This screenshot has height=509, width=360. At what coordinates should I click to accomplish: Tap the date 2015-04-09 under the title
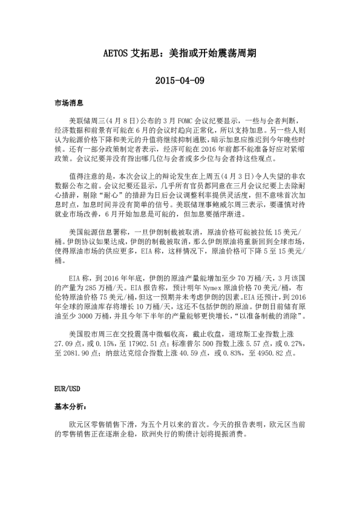pyautogui.click(x=180, y=80)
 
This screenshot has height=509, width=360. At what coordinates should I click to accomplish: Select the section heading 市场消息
pyautogui.click(x=67, y=104)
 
